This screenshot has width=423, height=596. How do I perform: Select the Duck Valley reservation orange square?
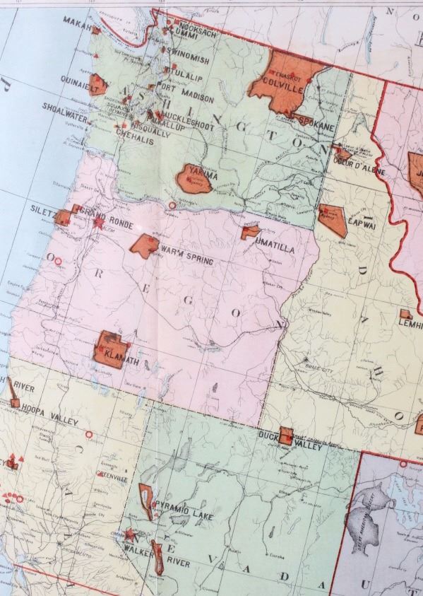286,436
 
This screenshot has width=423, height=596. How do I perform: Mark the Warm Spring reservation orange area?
145,245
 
